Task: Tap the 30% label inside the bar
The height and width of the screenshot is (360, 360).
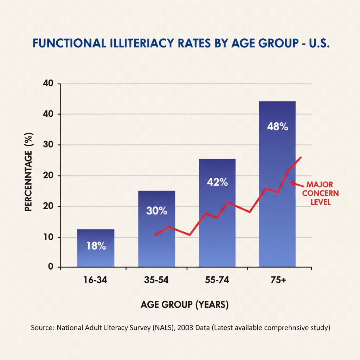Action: [x=156, y=211]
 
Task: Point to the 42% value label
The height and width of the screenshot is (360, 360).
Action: [x=217, y=182]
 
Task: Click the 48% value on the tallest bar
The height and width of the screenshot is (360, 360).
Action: [x=277, y=127]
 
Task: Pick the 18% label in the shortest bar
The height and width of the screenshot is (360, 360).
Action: [x=96, y=246]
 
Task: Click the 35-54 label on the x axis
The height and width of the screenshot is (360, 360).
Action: [x=156, y=280]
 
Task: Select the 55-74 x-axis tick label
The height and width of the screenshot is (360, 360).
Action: [x=217, y=280]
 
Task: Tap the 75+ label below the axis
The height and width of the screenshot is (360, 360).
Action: [x=277, y=280]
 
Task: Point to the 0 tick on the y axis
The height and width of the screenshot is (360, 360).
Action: [x=50, y=267]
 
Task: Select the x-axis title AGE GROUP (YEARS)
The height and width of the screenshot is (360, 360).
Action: [x=185, y=305]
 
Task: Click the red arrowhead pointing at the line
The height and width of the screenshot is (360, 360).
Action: [x=291, y=182]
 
